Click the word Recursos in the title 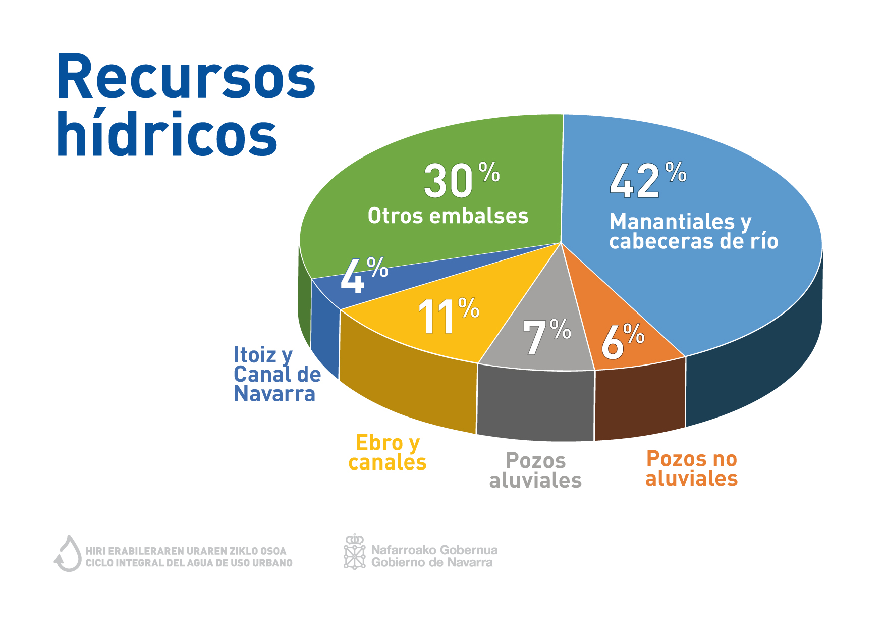[186, 76]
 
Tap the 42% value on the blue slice [648, 180]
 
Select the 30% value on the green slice [462, 180]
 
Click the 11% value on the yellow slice [449, 316]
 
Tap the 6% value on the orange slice [623, 341]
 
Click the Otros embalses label [448, 216]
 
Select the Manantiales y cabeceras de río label [694, 231]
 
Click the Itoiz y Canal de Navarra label [278, 374]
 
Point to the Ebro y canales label [388, 452]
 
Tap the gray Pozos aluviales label [535, 471]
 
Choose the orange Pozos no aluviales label [692, 468]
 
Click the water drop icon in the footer [68, 553]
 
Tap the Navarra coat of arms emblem [355, 551]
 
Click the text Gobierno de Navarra [432, 562]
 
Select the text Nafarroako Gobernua [434, 550]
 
